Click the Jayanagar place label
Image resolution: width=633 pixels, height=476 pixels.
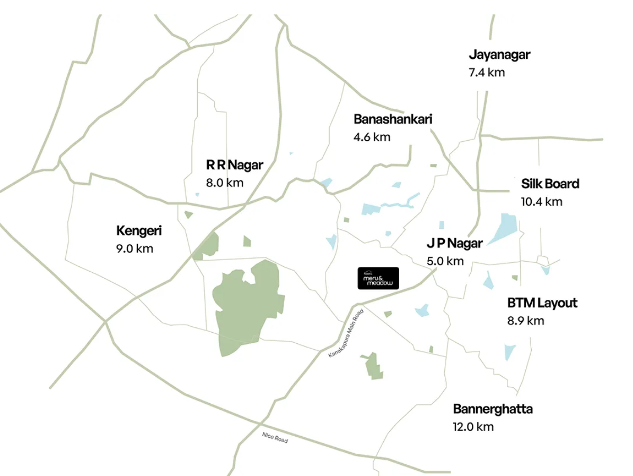point(499,55)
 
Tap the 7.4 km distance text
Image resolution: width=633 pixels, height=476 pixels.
point(487,73)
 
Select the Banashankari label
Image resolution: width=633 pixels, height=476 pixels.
point(393,119)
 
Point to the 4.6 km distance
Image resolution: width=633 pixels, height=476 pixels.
point(372,137)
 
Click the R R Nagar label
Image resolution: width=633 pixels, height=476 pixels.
point(234,165)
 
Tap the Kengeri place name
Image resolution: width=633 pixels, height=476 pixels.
point(139,231)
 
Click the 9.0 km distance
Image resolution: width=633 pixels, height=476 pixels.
point(134,248)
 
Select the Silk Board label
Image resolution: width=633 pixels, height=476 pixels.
point(550,184)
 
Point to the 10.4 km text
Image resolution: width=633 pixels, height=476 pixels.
point(541,202)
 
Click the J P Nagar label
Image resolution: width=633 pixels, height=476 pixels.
point(455,244)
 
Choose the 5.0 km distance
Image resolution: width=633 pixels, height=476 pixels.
point(445,261)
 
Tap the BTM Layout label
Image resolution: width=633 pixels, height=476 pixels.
point(542,303)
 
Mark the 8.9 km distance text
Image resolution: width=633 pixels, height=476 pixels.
point(525,321)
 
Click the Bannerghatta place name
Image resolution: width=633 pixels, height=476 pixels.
point(493,409)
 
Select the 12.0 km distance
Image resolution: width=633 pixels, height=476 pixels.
point(473,427)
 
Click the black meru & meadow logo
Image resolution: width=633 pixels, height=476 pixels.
point(377,278)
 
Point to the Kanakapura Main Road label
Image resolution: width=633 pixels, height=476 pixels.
point(347,333)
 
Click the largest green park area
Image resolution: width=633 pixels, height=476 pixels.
point(241,308)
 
